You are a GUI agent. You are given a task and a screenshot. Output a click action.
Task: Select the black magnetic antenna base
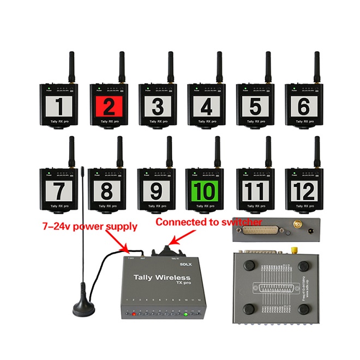84,307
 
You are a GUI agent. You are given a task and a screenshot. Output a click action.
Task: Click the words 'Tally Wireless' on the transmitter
158,278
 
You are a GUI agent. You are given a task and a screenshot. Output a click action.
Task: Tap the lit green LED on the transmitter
185,314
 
